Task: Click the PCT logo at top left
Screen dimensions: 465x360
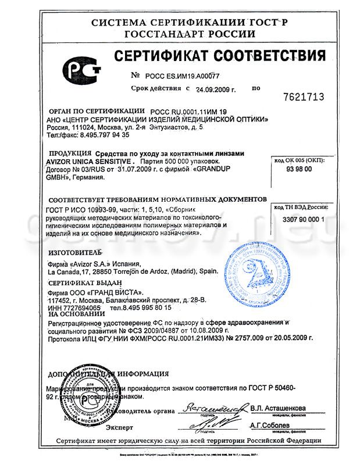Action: point(85,73)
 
